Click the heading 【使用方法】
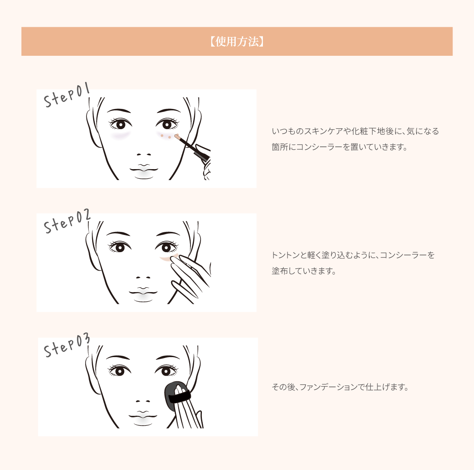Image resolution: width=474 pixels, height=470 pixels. click(237, 41)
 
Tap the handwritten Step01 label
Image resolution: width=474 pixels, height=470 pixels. click(67, 95)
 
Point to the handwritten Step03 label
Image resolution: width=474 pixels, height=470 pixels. click(67, 345)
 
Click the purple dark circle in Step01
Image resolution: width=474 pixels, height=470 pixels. click(120, 135)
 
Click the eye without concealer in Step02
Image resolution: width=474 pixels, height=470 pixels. click(120, 247)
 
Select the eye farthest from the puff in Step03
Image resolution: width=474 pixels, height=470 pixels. click(120, 370)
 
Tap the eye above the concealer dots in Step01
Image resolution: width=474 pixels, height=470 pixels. click(167, 124)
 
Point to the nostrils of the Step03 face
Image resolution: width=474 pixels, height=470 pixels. click(143, 401)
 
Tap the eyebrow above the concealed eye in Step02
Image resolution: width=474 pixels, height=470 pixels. click(168, 234)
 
